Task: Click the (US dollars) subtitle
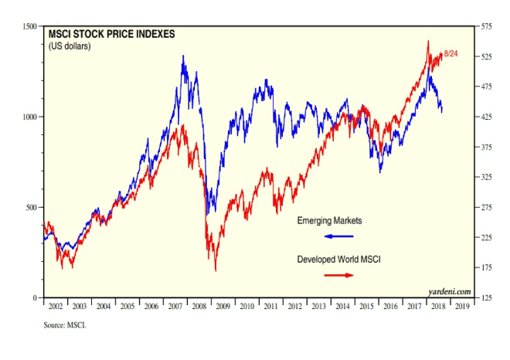click(70, 47)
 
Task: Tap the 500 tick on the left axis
click(30, 207)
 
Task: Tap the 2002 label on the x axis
click(56, 307)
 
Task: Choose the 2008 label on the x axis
click(199, 307)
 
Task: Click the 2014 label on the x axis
click(342, 307)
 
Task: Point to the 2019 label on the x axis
click(461, 307)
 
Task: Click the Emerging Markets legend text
click(330, 221)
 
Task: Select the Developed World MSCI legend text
click(339, 260)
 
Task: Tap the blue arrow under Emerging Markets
click(338, 236)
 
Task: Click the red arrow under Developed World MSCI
click(338, 274)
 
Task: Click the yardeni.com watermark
click(449, 290)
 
